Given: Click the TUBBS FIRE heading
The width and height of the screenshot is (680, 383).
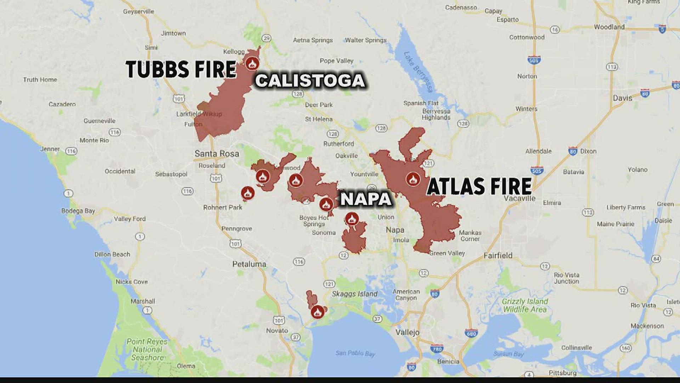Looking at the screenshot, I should pos(181,69).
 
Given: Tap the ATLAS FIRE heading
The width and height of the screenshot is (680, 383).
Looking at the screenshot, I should pos(479,187).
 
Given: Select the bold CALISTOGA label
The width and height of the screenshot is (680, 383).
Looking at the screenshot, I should pos(310,81).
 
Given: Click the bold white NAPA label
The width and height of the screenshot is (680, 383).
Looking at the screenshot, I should pos(366,199).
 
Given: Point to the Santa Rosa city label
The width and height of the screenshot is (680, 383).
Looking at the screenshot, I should pos(217,154).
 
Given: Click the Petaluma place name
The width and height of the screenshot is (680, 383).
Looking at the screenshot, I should pos(249,264).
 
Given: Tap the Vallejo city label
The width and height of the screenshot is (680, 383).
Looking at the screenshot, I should pos(407,332).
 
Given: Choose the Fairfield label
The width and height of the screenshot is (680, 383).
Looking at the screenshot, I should pos(498,255).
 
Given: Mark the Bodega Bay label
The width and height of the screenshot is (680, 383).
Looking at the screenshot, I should pos(78,211).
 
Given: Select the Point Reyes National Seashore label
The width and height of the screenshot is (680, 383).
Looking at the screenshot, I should pos(147,349).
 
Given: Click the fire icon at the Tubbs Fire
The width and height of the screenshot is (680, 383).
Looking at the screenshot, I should pos(252,64).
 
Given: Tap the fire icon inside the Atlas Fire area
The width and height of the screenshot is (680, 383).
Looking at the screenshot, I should pos(413,179).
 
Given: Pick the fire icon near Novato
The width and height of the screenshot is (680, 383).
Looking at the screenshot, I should pos(317,312).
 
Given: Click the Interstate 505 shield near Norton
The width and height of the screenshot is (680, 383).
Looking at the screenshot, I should pos(534,60).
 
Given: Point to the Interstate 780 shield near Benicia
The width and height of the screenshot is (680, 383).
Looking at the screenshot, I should pos(437,349).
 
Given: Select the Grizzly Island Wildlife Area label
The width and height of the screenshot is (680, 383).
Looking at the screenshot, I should pos(525,305).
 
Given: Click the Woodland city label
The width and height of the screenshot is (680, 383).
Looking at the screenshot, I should pos(609,27).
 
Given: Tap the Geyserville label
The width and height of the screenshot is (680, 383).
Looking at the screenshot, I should pos(138,11).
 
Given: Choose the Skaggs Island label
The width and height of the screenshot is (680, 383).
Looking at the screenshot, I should pos(355,294).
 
